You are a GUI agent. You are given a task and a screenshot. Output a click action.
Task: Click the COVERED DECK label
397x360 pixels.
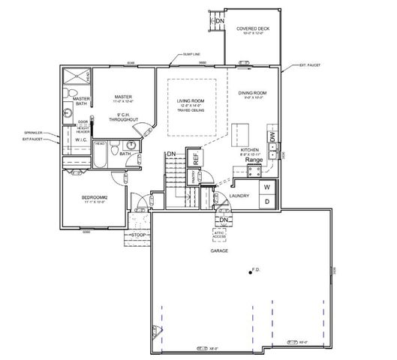point(253,29)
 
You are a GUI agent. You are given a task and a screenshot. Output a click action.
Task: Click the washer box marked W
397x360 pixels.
point(266,187)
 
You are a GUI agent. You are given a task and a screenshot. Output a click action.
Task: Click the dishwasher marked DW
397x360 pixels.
point(272,136)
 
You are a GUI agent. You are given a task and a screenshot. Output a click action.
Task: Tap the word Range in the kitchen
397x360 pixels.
point(254,160)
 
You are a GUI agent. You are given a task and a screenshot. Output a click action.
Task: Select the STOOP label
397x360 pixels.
point(138,235)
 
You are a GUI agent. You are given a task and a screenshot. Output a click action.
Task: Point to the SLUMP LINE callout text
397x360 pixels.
point(191,55)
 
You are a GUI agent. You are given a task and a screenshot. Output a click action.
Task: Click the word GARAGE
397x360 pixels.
point(219,251)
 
